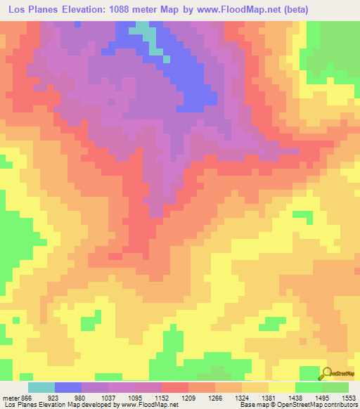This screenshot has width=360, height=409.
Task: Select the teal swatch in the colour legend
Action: click(41, 387)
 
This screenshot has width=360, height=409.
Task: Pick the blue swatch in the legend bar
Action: click(68, 387)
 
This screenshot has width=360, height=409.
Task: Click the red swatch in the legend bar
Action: click(175, 387)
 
